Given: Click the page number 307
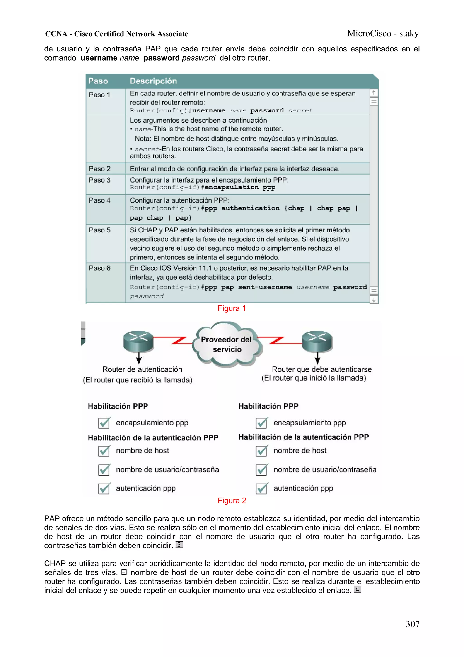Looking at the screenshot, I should (x=413, y=624).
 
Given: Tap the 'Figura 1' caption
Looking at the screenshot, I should (x=232, y=308).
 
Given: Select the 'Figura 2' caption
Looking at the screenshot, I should (x=232, y=501).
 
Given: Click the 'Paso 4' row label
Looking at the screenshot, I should (x=99, y=200).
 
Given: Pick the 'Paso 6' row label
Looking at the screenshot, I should (x=99, y=268).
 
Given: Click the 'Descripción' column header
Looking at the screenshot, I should (x=153, y=81).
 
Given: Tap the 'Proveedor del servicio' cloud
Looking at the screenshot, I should (x=227, y=344).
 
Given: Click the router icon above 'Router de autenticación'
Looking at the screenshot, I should (x=138, y=341).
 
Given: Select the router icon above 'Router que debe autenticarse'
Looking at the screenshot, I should (x=317, y=341).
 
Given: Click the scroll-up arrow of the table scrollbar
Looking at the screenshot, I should (x=374, y=93).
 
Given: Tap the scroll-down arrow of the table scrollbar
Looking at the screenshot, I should (x=374, y=300).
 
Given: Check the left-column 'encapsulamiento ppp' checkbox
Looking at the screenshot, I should (x=104, y=423).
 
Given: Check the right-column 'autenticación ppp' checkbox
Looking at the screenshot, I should (x=261, y=488).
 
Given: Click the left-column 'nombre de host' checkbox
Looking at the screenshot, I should (x=104, y=451).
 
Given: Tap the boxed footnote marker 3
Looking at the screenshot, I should (x=179, y=545).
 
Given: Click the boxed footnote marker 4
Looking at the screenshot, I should (x=357, y=589).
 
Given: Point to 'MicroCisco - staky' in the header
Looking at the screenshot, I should (x=383, y=34).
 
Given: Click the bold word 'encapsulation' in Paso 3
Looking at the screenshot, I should (x=232, y=187).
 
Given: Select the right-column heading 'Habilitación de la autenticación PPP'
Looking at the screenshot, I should (x=303, y=437).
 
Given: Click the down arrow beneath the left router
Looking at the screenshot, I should (x=139, y=358).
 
